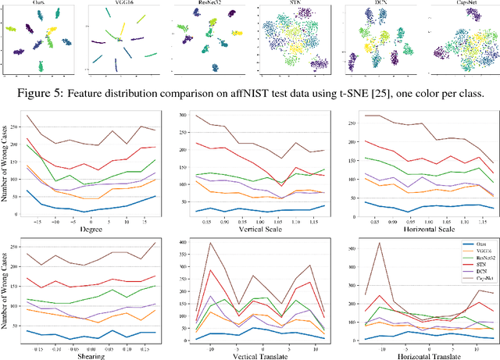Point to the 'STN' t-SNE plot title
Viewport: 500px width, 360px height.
(293, 4)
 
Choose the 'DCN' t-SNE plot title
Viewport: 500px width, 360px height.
(377, 4)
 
